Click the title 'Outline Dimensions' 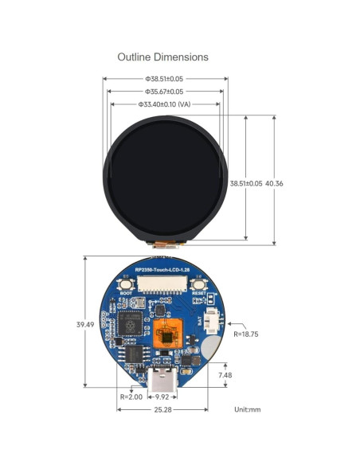[162, 57]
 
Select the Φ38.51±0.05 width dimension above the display [164, 79]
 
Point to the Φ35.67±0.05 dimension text [164, 92]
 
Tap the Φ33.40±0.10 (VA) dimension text [164, 104]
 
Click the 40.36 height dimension [274, 183]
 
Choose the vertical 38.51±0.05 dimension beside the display [246, 183]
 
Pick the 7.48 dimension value [225, 375]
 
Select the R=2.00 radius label [131, 397]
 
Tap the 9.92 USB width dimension [162, 397]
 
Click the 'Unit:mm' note [247, 409]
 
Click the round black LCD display [165, 180]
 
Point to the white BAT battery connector [211, 322]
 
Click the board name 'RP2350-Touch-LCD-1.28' [162, 273]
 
